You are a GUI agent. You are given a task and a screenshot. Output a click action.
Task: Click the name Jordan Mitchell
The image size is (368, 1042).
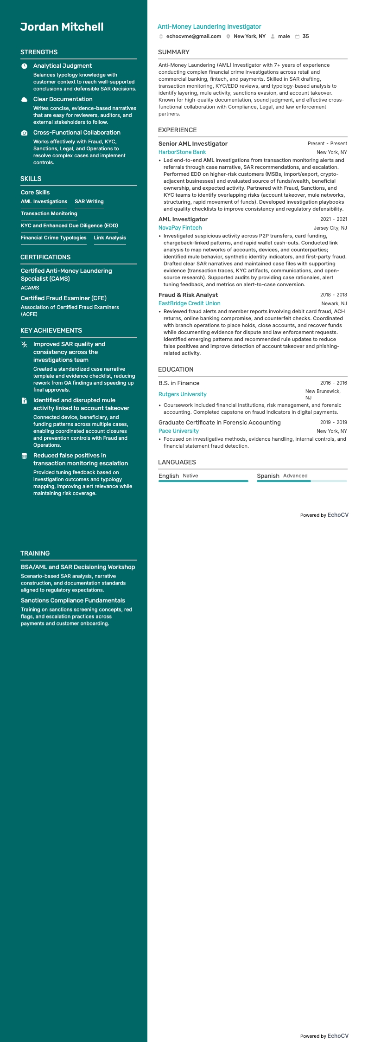tap(62, 27)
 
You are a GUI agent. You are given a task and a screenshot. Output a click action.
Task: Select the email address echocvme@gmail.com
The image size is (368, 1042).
tap(193, 36)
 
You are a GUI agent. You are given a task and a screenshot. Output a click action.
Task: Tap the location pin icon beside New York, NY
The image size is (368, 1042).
tap(228, 36)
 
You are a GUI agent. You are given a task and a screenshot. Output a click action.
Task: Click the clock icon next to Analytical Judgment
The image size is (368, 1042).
tap(24, 66)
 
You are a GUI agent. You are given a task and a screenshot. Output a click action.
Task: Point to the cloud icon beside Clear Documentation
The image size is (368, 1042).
tap(24, 99)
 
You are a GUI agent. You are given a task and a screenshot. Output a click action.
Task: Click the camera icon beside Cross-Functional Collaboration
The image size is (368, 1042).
tap(24, 133)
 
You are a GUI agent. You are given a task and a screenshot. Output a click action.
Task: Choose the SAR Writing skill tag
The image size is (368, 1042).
tap(89, 201)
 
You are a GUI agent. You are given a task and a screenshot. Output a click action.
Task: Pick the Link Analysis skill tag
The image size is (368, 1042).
tap(110, 238)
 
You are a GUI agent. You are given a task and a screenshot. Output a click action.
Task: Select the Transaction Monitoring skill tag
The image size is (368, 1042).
tap(49, 213)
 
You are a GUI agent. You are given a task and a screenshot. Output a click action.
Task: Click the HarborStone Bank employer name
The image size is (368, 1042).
tap(182, 152)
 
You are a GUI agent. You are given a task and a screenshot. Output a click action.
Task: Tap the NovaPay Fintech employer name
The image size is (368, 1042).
tap(180, 228)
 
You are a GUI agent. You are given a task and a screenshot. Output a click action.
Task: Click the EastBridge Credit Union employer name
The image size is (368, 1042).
tap(189, 303)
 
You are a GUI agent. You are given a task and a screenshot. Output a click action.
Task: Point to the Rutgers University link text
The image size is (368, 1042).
tap(182, 394)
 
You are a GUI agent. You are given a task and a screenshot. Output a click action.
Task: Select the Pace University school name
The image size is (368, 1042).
tap(178, 431)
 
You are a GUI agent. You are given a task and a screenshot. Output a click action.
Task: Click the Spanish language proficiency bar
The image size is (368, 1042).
tap(301, 481)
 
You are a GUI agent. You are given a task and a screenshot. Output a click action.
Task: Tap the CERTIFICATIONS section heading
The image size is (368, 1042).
tap(45, 257)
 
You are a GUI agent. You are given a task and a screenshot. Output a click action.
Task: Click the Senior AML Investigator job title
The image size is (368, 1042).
tap(193, 144)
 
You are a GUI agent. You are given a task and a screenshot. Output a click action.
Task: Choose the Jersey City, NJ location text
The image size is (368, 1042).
tap(330, 228)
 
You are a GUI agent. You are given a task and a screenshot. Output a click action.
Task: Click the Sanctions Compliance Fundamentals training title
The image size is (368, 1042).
tap(73, 600)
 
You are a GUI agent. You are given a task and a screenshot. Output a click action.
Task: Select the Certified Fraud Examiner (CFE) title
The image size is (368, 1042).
tap(63, 298)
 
